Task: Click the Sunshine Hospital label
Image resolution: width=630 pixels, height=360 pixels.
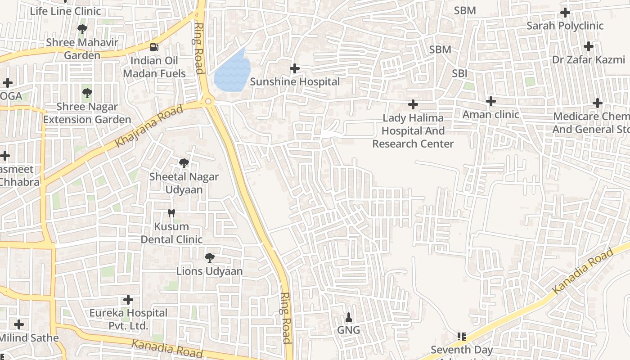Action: point(295,82)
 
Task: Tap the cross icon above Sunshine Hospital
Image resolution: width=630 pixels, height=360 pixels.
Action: point(295,68)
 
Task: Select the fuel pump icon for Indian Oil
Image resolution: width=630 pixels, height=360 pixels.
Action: point(154,47)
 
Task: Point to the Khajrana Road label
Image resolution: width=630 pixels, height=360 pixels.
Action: point(149,126)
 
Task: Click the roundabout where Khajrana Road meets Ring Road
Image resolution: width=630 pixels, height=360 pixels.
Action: point(208,102)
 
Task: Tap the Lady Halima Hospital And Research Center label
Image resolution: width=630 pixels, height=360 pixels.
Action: point(413,131)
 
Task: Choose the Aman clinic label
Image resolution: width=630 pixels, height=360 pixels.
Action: point(490,115)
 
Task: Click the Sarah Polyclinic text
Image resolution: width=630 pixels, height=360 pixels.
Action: point(565,26)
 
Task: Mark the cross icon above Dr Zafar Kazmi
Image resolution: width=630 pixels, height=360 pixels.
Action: point(589,46)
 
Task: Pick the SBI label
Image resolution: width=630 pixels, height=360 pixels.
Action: point(459,73)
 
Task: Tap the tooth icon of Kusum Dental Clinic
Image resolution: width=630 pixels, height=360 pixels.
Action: point(171,213)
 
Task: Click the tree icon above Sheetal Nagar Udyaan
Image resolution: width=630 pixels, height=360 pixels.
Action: point(184,163)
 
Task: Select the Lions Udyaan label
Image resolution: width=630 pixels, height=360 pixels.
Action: point(209,271)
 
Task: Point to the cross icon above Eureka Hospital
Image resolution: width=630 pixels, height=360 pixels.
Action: point(128,300)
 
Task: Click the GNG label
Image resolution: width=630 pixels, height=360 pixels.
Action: point(349,330)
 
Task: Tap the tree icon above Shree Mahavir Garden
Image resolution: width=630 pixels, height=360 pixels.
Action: point(82,30)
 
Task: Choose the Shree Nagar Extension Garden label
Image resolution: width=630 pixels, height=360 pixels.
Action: point(87,113)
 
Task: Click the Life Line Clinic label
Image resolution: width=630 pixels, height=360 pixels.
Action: point(66,11)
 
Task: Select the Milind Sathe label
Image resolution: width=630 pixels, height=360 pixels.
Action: point(30,338)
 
